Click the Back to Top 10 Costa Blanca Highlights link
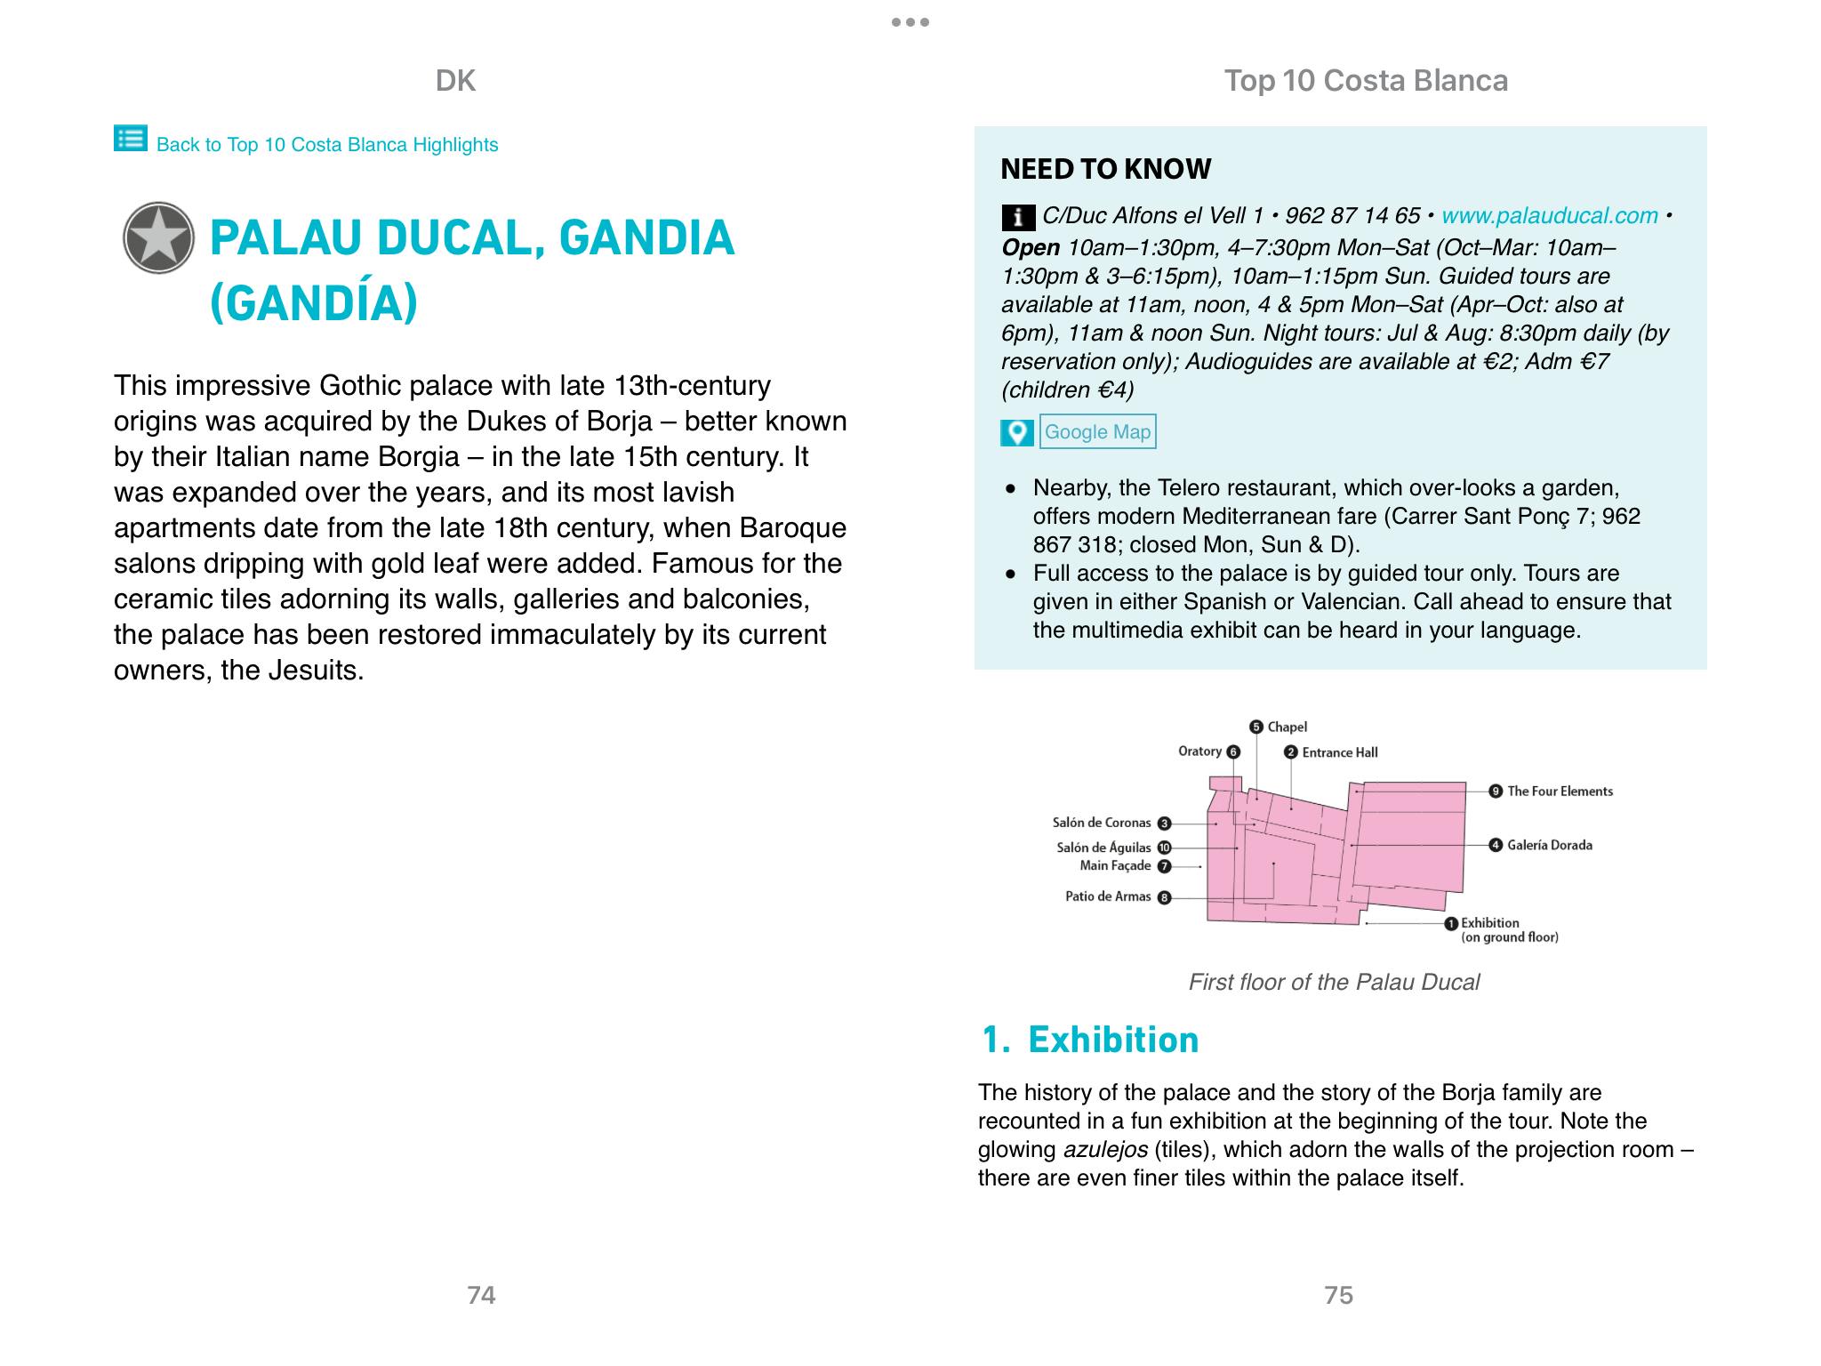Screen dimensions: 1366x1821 [326, 145]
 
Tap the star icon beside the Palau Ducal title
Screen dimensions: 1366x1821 [158, 237]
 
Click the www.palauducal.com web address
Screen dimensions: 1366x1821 [1549, 216]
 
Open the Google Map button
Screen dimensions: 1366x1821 [1097, 432]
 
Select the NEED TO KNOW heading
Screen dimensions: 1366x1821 [1105, 169]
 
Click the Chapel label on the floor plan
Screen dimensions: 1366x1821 [1287, 727]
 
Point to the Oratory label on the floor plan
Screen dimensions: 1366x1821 [1199, 751]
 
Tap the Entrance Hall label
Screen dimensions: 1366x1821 [1339, 752]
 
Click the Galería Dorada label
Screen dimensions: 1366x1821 [1549, 845]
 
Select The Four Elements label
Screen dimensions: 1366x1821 [1560, 791]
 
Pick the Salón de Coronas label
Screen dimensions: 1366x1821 [1102, 824]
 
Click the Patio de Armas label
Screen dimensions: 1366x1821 [1108, 896]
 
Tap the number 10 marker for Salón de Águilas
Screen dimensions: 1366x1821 [1164, 848]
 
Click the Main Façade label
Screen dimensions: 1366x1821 [1115, 866]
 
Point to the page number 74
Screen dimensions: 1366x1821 [481, 1295]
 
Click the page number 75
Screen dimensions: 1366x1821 [1338, 1295]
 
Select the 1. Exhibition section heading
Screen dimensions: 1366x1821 [1090, 1040]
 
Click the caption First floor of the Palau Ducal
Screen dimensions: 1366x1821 [1334, 982]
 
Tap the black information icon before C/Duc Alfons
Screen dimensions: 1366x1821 [1017, 217]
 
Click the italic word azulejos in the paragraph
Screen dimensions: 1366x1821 [1105, 1150]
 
